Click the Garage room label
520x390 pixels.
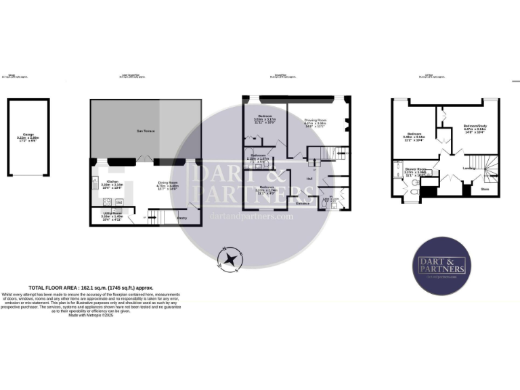coord(28,135)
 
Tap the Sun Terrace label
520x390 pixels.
coord(146,129)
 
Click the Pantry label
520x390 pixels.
coord(182,217)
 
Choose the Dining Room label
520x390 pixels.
coord(168,182)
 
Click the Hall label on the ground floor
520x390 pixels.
coord(309,179)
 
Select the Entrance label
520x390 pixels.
coord(302,202)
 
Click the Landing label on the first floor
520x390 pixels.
coord(468,168)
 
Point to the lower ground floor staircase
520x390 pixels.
coord(154,217)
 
